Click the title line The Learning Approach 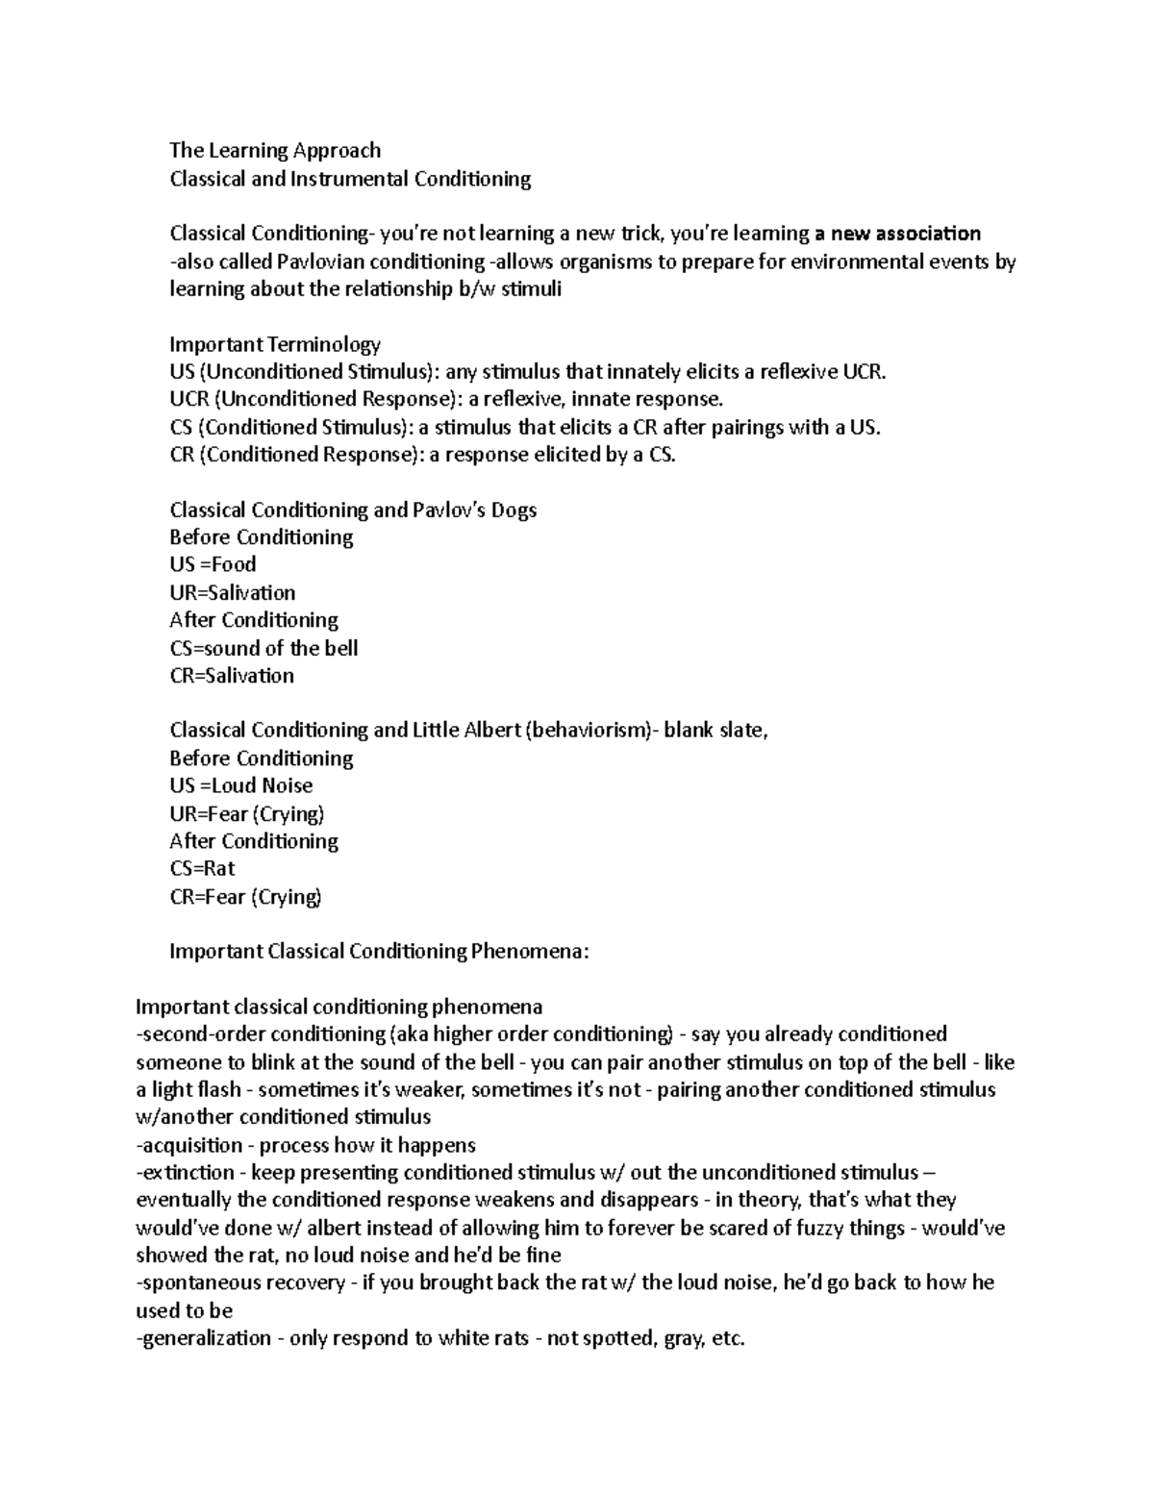275,150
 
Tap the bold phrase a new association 897,234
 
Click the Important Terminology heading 275,344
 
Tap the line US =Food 213,564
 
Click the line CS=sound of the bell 263,648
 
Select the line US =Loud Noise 241,785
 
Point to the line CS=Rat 202,868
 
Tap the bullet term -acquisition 189,1145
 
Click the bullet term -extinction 186,1173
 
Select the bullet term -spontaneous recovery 241,1282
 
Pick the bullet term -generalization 204,1338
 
